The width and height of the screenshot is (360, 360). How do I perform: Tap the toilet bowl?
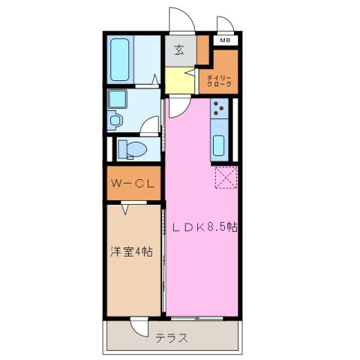pos(133,149)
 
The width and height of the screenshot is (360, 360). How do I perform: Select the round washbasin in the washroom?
pos(115,119)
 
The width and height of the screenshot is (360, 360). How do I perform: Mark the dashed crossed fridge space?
pos(226,178)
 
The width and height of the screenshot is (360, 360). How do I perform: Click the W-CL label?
pos(132,184)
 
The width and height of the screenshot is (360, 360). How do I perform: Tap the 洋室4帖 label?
pos(132,252)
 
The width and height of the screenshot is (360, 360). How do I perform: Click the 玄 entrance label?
pos(180,50)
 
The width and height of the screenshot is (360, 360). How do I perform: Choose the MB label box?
pos(225,40)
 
